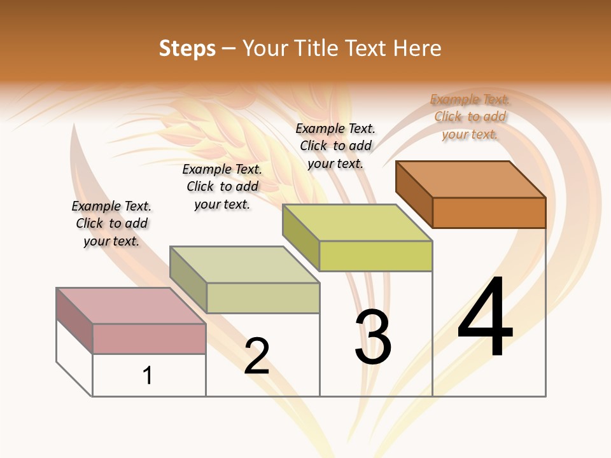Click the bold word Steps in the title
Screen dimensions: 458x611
tap(187, 48)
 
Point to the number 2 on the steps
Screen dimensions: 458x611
tap(257, 356)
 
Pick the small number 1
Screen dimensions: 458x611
tap(148, 375)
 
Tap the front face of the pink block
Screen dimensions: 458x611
tap(149, 338)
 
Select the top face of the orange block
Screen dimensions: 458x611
tap(471, 179)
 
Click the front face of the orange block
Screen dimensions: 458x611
tap(489, 212)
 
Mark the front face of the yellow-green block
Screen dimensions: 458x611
tap(376, 256)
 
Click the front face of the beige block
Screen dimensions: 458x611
tap(263, 298)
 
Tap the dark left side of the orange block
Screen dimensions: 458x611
tap(414, 194)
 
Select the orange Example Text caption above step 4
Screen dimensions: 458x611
tap(470, 116)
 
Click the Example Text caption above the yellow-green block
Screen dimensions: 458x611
tap(335, 146)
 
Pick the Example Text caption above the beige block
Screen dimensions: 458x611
tap(222, 186)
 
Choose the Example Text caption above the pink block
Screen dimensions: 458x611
tap(111, 223)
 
